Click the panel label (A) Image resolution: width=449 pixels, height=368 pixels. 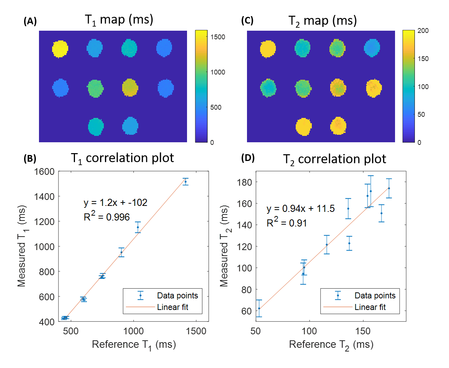(x=30, y=22)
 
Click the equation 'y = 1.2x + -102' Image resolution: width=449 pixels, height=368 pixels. (x=115, y=203)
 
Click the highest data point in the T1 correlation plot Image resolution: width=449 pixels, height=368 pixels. (x=186, y=182)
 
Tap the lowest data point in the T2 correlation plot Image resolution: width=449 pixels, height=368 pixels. (x=259, y=308)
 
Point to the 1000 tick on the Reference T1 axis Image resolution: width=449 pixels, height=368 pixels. (x=133, y=331)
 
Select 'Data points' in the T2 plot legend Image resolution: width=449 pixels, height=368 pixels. (x=375, y=296)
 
